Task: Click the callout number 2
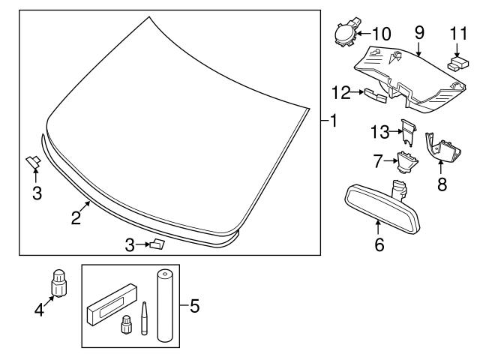(x=76, y=218)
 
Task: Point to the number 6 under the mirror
(x=379, y=244)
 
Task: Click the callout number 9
(x=419, y=34)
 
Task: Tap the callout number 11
(x=457, y=34)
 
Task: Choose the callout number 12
(x=341, y=91)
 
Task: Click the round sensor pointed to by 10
(x=345, y=34)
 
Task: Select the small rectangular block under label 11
(x=454, y=65)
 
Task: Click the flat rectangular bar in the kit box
(x=113, y=304)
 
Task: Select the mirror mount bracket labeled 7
(x=406, y=160)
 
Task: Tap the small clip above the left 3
(x=34, y=160)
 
